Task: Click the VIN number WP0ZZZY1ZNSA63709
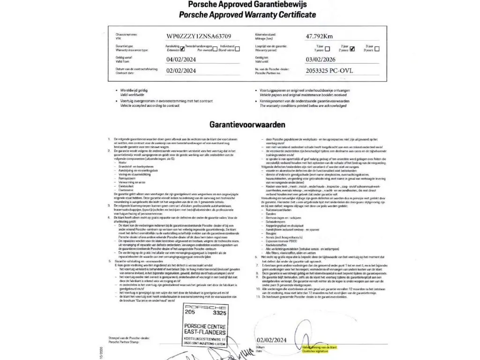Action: point(199,36)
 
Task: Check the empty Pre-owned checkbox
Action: point(215,49)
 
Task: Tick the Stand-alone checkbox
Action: point(237,48)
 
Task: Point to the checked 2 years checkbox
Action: point(352,48)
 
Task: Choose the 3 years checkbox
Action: point(377,48)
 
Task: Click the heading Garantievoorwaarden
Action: point(247,125)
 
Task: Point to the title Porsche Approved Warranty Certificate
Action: point(247,15)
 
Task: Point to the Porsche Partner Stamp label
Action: point(124,342)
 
